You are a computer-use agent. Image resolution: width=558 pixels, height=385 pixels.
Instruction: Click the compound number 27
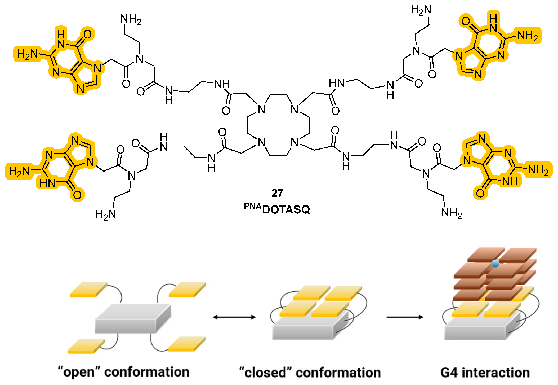pos(277,193)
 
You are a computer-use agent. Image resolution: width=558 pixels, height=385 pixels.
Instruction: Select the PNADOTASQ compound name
pos(277,209)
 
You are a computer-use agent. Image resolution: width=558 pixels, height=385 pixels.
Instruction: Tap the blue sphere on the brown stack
pos(495,263)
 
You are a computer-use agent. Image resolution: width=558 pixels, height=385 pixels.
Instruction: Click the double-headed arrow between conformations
pos(234,317)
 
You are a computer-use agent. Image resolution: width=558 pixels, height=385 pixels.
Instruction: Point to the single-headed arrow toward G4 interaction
pos(405,317)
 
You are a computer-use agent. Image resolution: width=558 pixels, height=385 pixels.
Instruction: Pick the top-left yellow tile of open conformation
pos(89,289)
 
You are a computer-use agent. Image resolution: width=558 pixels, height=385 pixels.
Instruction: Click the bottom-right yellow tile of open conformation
pos(187,344)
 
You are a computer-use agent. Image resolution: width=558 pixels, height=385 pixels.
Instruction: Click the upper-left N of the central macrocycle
pos(261,110)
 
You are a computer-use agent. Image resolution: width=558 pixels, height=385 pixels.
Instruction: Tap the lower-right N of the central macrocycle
pos(294,142)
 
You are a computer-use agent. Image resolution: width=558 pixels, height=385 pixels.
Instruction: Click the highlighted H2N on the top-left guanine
pos(27,54)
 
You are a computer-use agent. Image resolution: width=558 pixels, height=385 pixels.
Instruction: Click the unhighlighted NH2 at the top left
pos(131,19)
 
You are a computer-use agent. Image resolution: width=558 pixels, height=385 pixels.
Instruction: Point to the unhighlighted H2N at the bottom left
pos(106,214)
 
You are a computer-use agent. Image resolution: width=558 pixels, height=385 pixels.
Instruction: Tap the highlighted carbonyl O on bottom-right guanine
pos(480,193)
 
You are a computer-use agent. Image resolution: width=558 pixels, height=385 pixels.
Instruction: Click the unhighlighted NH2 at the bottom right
pos(452,213)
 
